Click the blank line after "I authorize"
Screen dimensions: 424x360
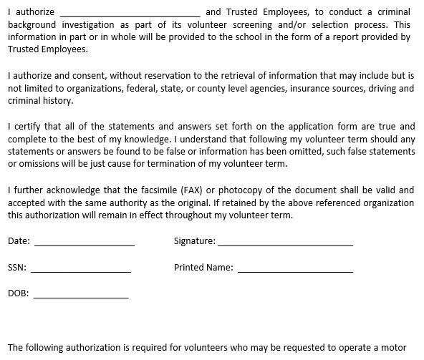coord(129,14)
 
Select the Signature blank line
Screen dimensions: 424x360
coord(285,243)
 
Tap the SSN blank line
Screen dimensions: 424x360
coord(80,270)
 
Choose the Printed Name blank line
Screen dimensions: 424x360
coord(295,270)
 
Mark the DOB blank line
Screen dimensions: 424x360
coord(80,295)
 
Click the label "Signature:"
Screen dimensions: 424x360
coord(194,241)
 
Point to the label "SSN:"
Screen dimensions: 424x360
coord(17,268)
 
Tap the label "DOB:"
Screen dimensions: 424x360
coord(18,293)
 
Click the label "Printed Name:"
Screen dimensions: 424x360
coord(203,268)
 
